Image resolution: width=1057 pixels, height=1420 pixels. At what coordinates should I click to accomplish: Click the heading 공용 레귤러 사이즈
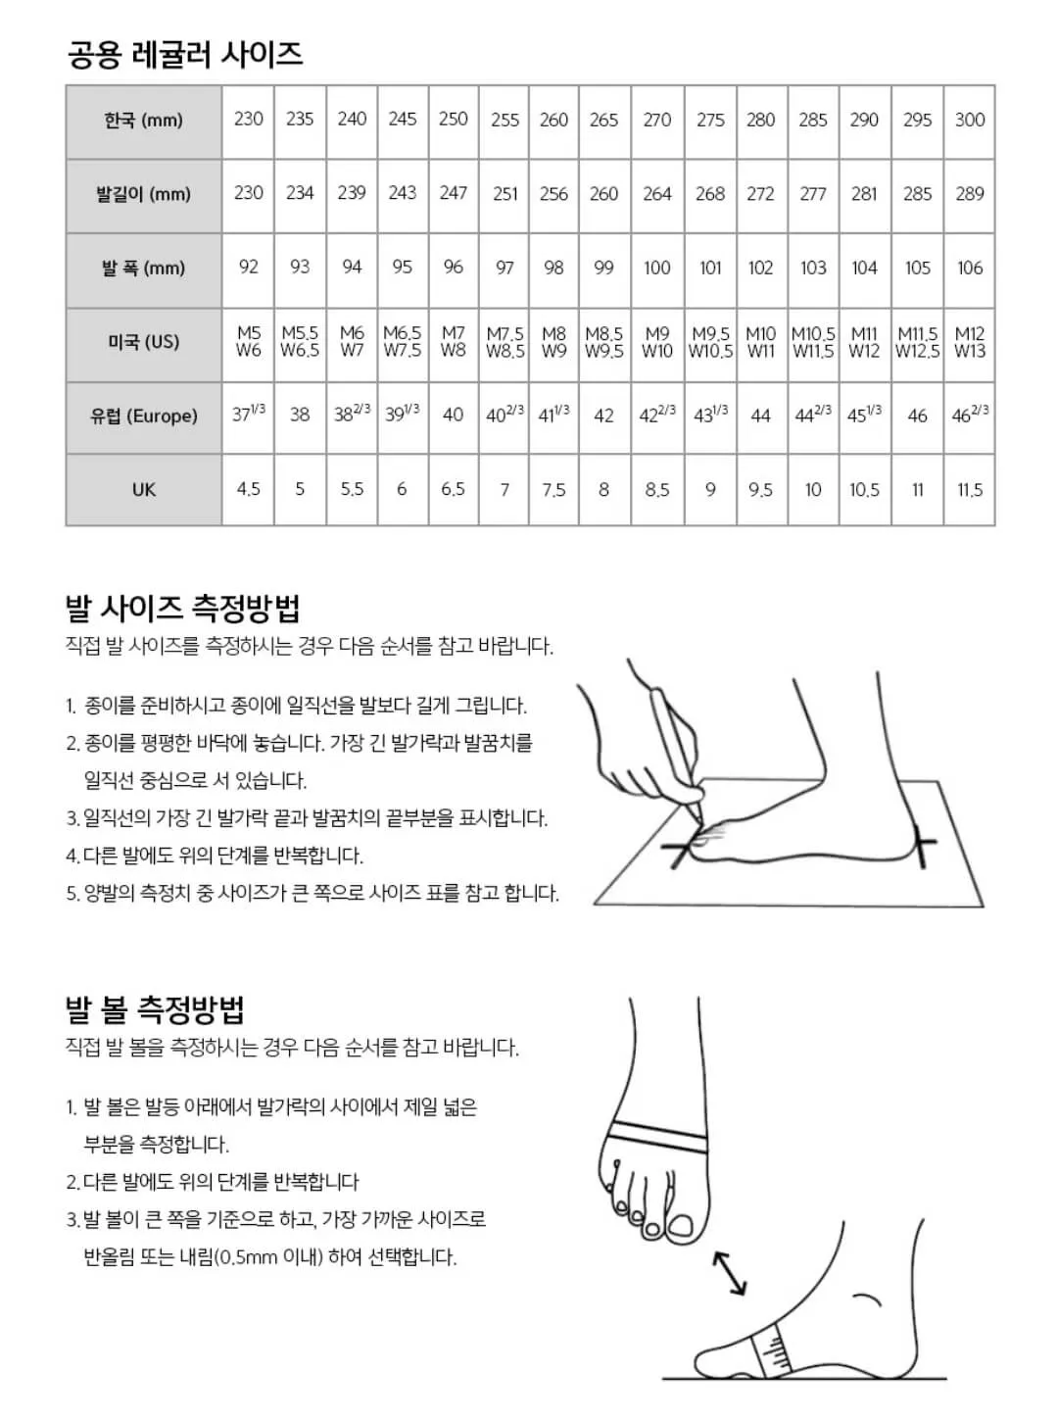point(184,53)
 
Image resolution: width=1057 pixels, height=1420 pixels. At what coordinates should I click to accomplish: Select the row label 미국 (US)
point(143,342)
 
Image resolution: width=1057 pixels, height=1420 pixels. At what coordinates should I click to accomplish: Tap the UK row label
point(143,489)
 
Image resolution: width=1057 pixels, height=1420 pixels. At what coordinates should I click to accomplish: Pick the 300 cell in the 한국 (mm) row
point(969,120)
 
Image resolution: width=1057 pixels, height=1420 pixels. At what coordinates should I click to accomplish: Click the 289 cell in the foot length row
point(969,194)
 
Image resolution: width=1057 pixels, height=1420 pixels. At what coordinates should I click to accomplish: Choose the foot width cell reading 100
point(656,268)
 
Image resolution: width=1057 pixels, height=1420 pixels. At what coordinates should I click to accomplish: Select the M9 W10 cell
point(656,342)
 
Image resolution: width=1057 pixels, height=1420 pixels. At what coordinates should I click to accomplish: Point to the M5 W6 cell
point(249,342)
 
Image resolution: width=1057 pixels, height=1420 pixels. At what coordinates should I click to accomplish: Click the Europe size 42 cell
point(603,416)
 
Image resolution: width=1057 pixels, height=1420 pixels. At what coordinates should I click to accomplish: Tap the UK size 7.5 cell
point(553,489)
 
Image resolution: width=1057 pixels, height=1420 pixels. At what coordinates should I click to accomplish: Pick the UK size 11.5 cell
point(969,489)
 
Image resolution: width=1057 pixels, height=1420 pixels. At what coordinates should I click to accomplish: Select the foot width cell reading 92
point(249,268)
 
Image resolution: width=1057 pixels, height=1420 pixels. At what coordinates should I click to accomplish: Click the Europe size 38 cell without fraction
point(300,416)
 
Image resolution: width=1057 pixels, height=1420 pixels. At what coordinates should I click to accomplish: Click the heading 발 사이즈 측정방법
point(182,609)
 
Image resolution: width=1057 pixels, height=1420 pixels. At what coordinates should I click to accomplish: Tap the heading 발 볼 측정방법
point(155,1009)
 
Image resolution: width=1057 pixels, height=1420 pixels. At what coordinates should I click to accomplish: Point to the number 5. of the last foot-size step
point(72,894)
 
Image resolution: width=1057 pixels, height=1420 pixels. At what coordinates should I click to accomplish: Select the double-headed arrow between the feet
point(730,1273)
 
